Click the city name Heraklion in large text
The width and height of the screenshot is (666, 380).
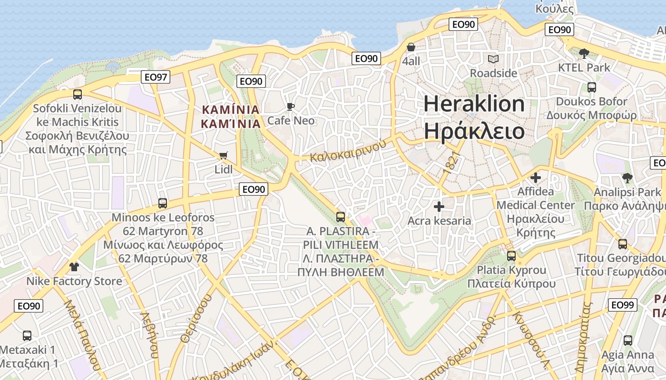[x=474, y=104]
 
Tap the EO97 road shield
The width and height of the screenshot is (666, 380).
[x=156, y=76]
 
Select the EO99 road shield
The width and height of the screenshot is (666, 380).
[x=622, y=304]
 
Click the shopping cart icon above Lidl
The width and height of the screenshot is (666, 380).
[x=223, y=155]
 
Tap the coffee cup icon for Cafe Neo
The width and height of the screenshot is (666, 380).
[x=290, y=106]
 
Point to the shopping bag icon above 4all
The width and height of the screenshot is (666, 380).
[x=411, y=47]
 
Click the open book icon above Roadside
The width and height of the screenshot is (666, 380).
[x=493, y=59]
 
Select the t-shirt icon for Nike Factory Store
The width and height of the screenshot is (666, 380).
[x=74, y=266]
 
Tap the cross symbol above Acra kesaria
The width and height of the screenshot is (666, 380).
[x=439, y=207]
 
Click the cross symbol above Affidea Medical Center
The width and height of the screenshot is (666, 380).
[x=536, y=178]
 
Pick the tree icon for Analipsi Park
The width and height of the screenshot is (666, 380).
[x=627, y=178]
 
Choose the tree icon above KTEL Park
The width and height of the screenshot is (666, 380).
[x=584, y=53]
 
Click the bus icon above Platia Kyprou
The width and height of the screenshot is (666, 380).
[x=511, y=256]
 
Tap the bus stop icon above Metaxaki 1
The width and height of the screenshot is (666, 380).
[x=27, y=335]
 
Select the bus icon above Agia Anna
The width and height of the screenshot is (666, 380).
[x=628, y=340]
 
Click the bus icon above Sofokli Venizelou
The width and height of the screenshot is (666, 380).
[x=78, y=94]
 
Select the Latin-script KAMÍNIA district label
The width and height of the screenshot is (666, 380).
[x=231, y=110]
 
